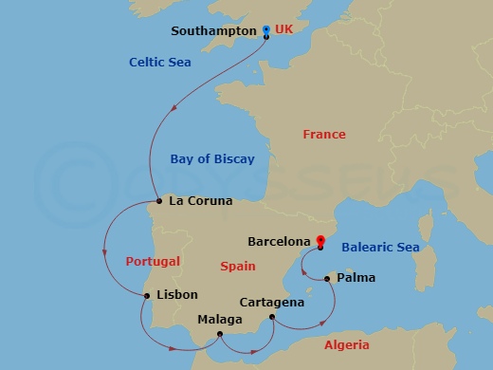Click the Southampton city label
coord(213,31)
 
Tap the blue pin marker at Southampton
coord(265,29)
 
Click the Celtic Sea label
coord(160,63)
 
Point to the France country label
coord(323,135)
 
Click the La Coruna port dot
coord(158,201)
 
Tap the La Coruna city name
coord(199,201)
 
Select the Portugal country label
coord(153,261)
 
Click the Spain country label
coord(238,267)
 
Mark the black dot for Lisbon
coord(146,296)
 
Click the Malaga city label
coord(219,319)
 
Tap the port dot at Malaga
coord(219,334)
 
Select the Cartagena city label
coord(272,302)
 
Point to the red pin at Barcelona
coord(320,241)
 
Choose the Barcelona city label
coord(279,242)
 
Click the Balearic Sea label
coord(379,248)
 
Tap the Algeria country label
coord(347,345)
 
